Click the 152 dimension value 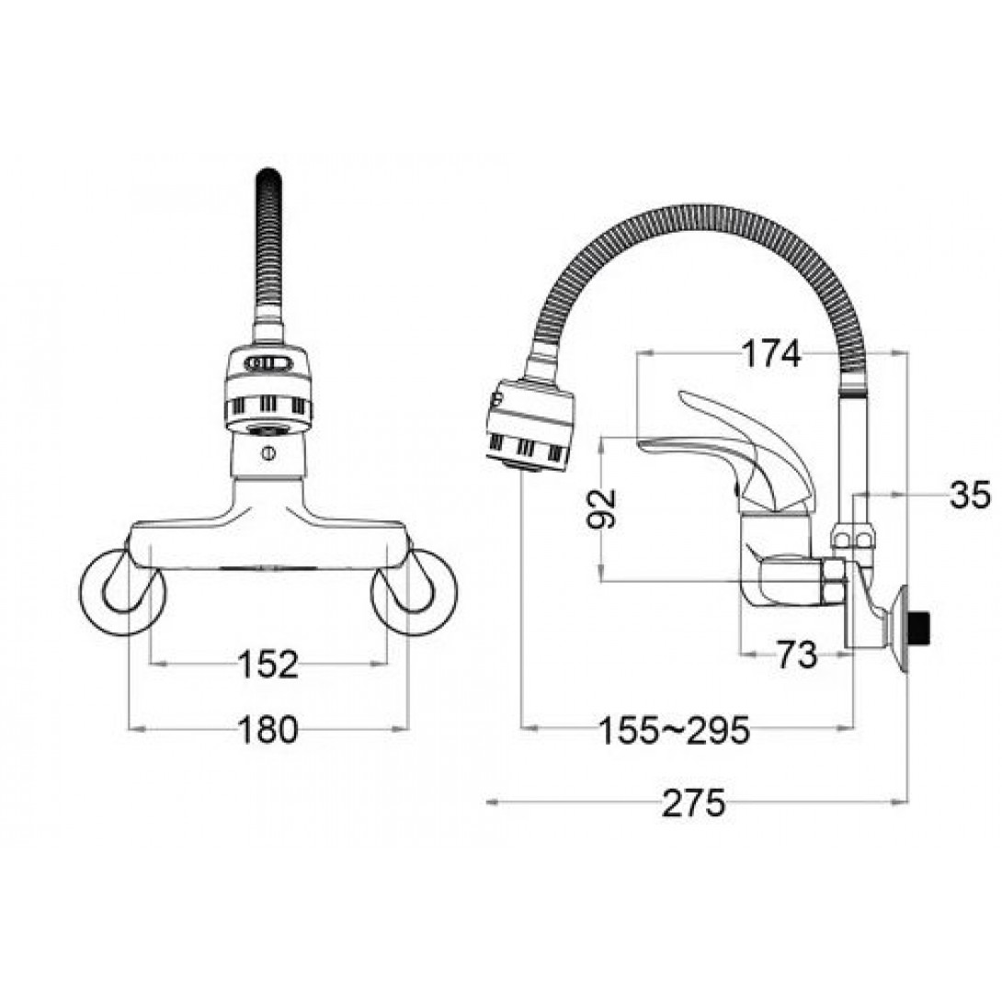coord(268,664)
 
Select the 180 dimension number coord(268,729)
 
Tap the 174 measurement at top coord(770,353)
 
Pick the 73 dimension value coord(797,654)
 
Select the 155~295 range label coord(674,730)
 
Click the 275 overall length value coord(693,803)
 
